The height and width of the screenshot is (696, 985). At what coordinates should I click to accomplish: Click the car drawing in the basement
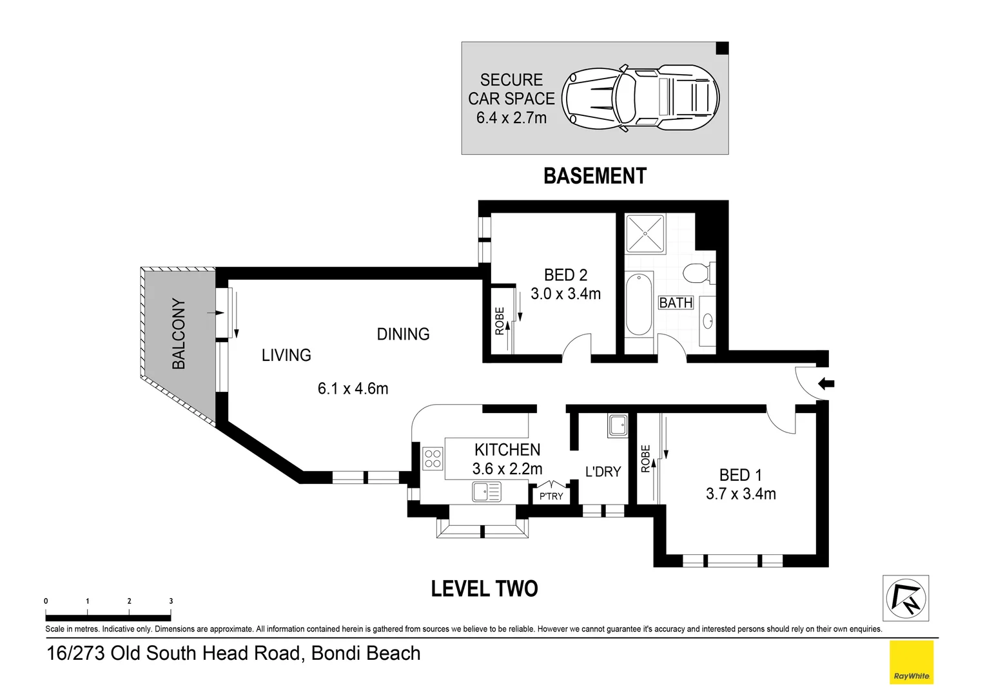pyautogui.click(x=640, y=99)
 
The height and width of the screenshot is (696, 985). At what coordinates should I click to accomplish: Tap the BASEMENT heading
pyautogui.click(x=594, y=176)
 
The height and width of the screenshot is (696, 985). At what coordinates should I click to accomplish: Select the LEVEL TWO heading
pyautogui.click(x=484, y=588)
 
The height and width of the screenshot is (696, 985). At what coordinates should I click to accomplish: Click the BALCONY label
pyautogui.click(x=179, y=334)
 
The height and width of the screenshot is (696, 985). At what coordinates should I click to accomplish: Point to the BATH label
pyautogui.click(x=676, y=303)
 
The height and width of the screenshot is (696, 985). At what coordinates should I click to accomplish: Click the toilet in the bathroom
pyautogui.click(x=697, y=273)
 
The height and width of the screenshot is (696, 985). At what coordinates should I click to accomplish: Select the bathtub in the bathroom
pyautogui.click(x=639, y=304)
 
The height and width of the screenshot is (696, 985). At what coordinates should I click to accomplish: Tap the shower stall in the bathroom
pyautogui.click(x=645, y=234)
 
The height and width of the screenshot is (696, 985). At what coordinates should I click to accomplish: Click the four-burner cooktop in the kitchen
pyautogui.click(x=433, y=459)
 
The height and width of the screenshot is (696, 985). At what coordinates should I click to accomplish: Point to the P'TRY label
pyautogui.click(x=551, y=496)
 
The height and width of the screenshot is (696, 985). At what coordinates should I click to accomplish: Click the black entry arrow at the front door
pyautogui.click(x=826, y=384)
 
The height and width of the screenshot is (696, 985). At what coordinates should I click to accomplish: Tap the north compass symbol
pyautogui.click(x=905, y=598)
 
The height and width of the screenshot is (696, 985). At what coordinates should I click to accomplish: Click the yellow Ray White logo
pyautogui.click(x=911, y=662)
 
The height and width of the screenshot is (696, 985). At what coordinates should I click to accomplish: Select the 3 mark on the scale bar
pyautogui.click(x=171, y=601)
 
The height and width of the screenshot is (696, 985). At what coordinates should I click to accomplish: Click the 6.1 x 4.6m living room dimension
pyautogui.click(x=353, y=389)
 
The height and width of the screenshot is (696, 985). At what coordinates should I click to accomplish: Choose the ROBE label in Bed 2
pyautogui.click(x=500, y=321)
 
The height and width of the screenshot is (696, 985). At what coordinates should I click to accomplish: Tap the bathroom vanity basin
pyautogui.click(x=707, y=320)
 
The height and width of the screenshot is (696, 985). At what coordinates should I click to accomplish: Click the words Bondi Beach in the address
pyautogui.click(x=366, y=653)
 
